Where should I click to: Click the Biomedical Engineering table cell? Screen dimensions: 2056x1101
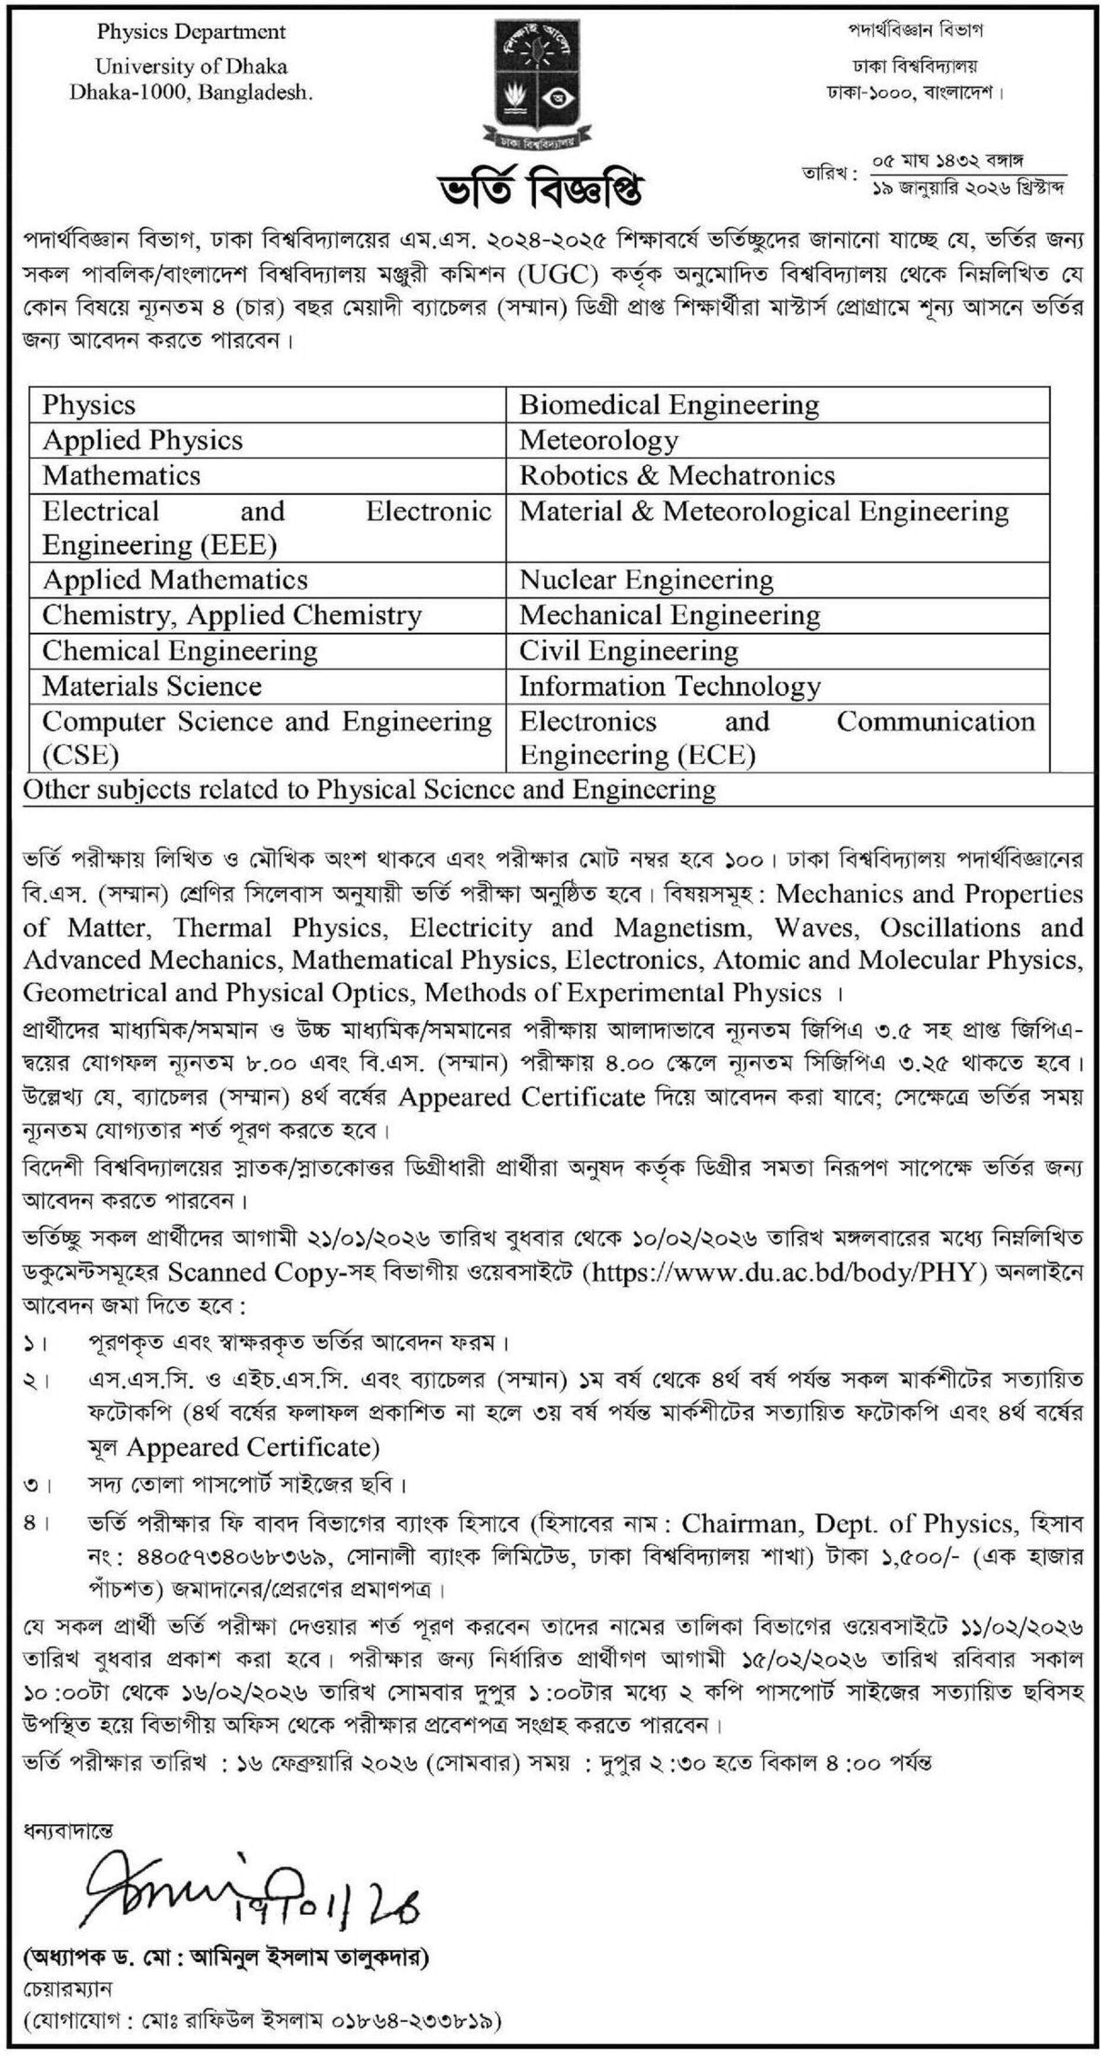pyautogui.click(x=669, y=405)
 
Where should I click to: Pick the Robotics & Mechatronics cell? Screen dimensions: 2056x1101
pyautogui.click(x=677, y=476)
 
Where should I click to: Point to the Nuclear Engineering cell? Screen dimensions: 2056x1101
pyautogui.click(x=646, y=579)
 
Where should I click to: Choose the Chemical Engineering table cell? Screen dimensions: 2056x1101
pyautogui.click(x=180, y=651)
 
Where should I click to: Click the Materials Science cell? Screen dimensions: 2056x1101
pyautogui.click(x=152, y=686)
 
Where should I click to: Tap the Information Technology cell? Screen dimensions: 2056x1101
pyautogui.click(x=670, y=686)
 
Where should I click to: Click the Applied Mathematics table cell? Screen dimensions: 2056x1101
pyautogui.click(x=175, y=579)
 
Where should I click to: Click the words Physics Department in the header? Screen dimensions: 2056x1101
pyautogui.click(x=191, y=32)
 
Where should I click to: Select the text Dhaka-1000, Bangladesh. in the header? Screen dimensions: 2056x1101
pyautogui.click(x=191, y=92)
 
